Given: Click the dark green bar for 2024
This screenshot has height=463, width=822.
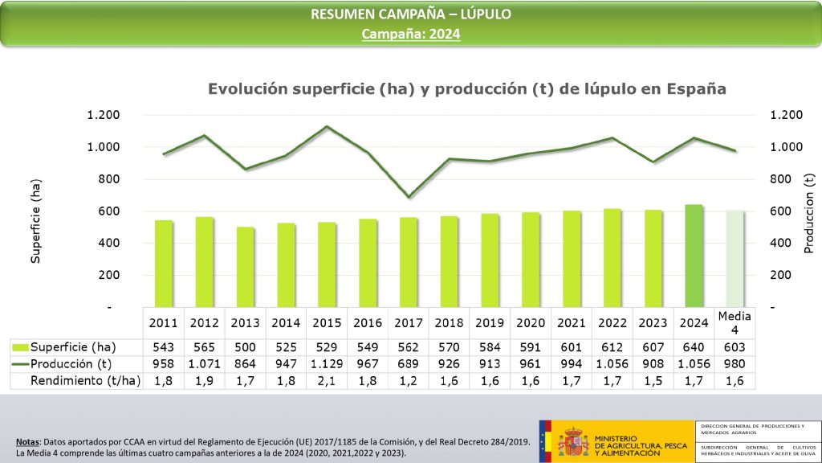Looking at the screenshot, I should (694, 256).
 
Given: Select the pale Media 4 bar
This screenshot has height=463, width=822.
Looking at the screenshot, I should (735, 259).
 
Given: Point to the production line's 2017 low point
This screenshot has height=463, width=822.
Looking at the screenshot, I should (409, 197).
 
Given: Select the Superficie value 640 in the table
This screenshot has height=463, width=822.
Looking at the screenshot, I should (694, 346).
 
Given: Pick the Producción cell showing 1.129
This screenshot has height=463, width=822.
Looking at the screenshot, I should (328, 363).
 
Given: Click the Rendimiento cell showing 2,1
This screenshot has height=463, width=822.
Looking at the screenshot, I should (328, 381).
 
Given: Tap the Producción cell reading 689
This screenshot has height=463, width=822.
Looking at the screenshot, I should (409, 363).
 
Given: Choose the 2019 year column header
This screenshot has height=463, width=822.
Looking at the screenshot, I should (490, 323).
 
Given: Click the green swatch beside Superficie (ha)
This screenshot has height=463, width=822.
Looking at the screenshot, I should (21, 346).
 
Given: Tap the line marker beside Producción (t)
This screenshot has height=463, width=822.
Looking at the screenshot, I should (21, 363).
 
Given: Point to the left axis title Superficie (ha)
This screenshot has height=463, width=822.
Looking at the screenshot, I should (36, 221).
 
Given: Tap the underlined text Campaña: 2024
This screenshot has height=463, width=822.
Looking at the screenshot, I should (411, 34).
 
